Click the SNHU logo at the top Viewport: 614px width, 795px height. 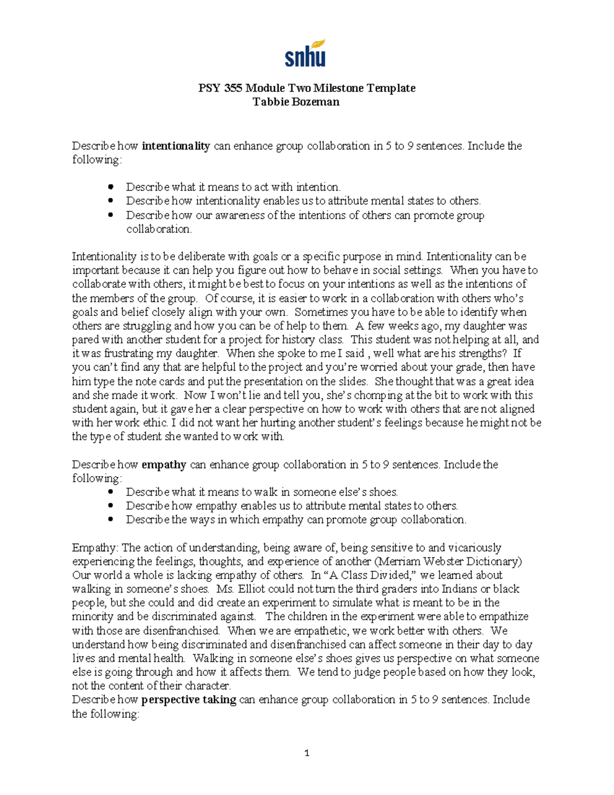click(x=305, y=53)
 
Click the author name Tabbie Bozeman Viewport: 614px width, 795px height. click(x=296, y=102)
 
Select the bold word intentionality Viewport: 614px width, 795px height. click(x=176, y=146)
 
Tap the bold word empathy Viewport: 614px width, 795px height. click(x=164, y=465)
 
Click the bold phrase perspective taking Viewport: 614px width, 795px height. click(x=188, y=700)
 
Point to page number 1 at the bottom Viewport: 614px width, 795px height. click(x=306, y=753)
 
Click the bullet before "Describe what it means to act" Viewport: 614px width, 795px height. click(x=109, y=187)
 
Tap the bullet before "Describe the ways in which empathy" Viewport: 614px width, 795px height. click(x=109, y=520)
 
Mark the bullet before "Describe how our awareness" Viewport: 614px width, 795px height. click(x=109, y=215)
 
